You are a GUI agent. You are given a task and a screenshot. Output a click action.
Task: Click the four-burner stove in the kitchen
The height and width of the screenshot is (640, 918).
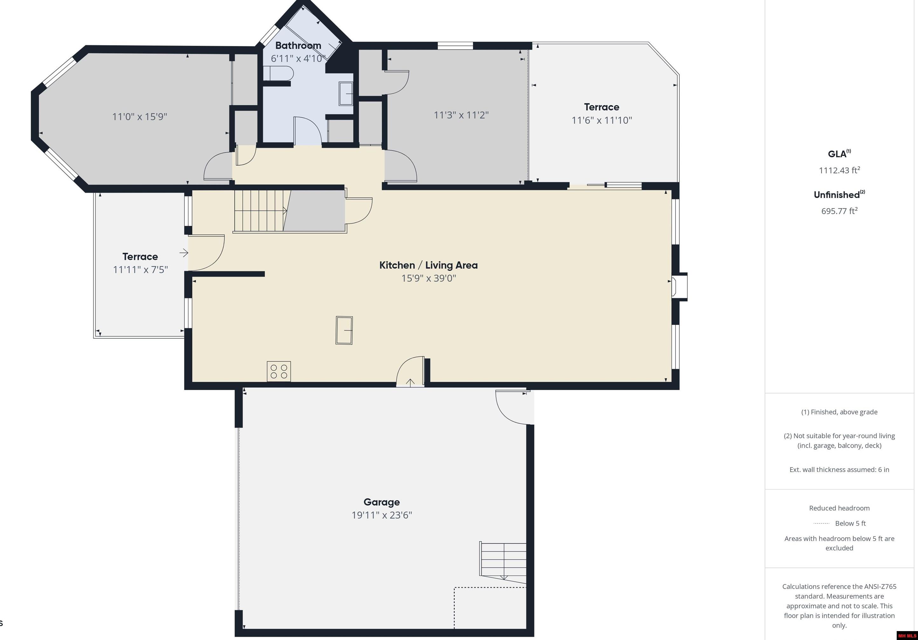click(279, 371)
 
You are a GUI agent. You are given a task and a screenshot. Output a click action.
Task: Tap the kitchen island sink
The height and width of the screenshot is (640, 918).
click(344, 330)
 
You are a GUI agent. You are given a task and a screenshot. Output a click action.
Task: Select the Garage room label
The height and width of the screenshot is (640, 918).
click(381, 502)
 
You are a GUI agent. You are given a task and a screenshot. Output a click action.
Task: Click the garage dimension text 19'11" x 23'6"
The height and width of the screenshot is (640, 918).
click(381, 515)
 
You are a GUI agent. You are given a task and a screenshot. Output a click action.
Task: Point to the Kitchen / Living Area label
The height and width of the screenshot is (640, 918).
click(428, 265)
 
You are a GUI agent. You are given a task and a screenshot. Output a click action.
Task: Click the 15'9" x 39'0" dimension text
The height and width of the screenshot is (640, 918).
click(428, 278)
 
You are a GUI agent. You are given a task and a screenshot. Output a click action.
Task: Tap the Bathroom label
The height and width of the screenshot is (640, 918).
click(298, 45)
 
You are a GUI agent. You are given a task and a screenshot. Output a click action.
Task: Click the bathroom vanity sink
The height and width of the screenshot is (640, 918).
click(346, 94)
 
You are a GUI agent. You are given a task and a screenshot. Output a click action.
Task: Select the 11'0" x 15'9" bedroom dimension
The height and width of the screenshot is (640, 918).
click(140, 116)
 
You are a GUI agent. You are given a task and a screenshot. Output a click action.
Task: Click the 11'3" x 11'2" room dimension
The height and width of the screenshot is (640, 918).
click(461, 115)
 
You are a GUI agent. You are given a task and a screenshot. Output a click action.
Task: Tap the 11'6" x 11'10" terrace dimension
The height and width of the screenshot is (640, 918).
click(601, 120)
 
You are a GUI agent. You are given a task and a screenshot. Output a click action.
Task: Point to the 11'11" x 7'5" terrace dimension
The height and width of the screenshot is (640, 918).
click(140, 270)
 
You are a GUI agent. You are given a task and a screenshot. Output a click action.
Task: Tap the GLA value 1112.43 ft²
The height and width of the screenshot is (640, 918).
click(839, 170)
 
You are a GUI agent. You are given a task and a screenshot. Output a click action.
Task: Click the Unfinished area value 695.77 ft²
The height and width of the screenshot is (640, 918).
click(839, 211)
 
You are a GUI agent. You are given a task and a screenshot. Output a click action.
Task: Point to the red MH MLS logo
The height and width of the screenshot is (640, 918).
click(907, 636)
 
